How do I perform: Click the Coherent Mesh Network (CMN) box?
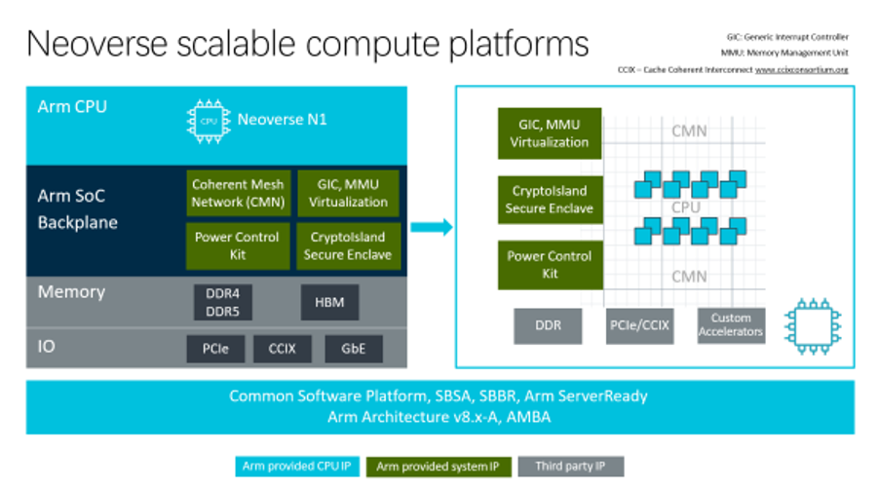(238, 193)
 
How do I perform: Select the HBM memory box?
(323, 303)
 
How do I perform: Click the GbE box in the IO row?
(354, 348)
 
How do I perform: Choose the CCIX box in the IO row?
(284, 348)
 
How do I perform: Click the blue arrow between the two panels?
(431, 227)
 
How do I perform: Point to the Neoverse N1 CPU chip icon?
(206, 122)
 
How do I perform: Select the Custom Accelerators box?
(731, 325)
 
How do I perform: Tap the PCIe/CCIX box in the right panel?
(639, 325)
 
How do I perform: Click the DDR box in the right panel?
(548, 325)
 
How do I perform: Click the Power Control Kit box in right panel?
(549, 265)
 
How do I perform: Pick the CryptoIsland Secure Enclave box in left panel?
(348, 245)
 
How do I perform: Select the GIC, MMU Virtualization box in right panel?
(549, 133)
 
